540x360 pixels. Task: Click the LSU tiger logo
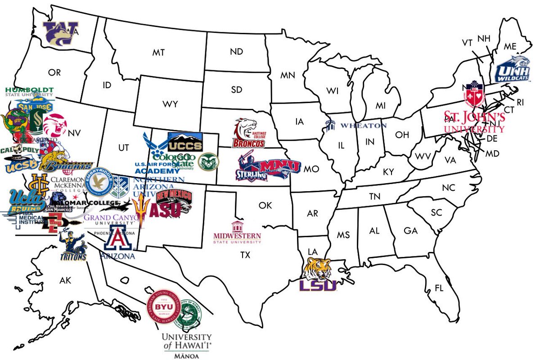tap(319, 274)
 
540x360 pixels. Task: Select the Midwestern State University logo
tap(237, 233)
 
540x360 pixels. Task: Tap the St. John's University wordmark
tap(474, 122)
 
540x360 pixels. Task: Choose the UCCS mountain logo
tap(185, 142)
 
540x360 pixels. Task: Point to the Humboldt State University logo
tap(30, 92)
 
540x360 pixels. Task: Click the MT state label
tap(157, 53)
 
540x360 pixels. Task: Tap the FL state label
tap(439, 288)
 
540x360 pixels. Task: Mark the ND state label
tap(236, 52)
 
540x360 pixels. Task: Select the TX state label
tap(245, 255)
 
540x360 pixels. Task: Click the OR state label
tap(54, 72)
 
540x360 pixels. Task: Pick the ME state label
tap(510, 46)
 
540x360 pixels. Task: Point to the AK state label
tap(65, 280)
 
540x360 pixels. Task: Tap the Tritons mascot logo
tap(73, 247)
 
